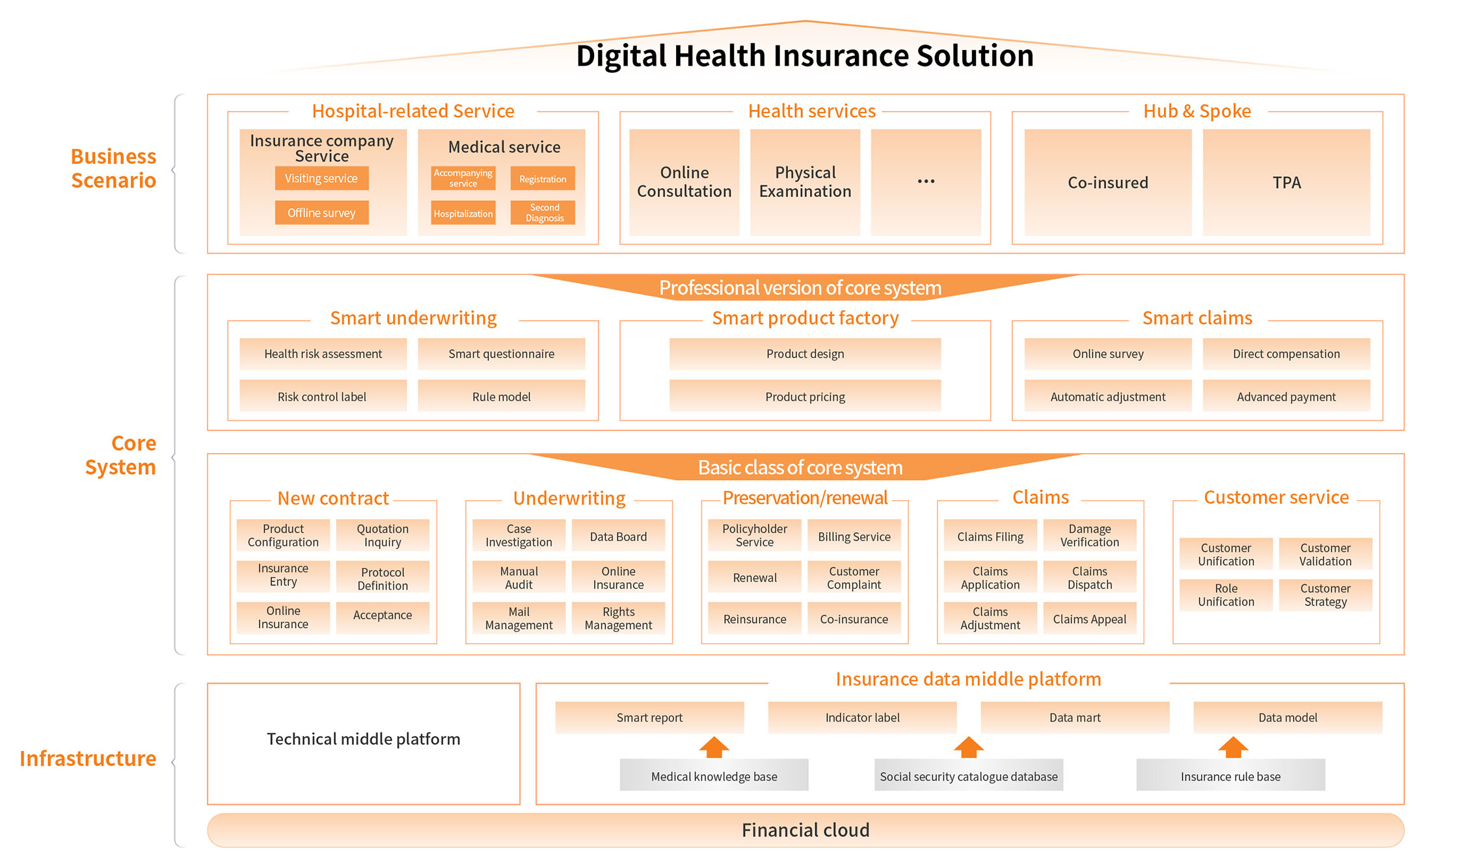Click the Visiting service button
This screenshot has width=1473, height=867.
coord(321,178)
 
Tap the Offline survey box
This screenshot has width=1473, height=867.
coord(321,213)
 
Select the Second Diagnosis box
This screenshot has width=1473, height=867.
coord(543,213)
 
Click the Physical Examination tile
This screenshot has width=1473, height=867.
coord(805,182)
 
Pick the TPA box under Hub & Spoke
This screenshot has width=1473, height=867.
coord(1286,182)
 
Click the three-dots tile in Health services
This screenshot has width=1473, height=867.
coord(926,182)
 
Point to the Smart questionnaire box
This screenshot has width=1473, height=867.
coord(501,354)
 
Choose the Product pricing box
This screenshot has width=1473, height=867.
coord(805,396)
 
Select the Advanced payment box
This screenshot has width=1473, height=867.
coord(1286,396)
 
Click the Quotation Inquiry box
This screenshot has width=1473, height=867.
coord(383,535)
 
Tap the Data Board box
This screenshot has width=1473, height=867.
coord(618,537)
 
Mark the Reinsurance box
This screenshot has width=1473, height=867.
coord(755,619)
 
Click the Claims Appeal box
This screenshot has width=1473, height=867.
coord(1089,619)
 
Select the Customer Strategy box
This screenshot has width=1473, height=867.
coord(1325,594)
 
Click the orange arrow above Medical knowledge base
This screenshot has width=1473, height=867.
coord(714,747)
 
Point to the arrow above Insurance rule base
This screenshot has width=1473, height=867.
coord(1232,747)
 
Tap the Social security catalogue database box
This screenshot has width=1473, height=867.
coord(968,776)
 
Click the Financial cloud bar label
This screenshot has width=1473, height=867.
coord(805,830)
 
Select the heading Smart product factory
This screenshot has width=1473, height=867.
coord(805,318)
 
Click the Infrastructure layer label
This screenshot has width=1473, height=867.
coord(88,758)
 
